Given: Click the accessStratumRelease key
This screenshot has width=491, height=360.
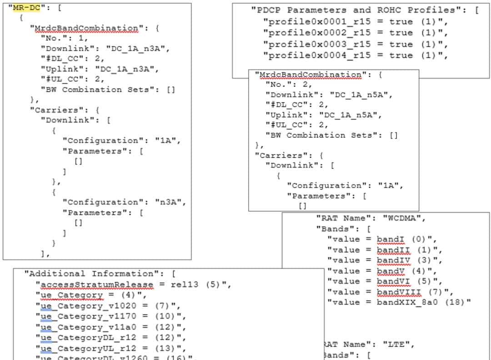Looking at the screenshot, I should [x=97, y=285].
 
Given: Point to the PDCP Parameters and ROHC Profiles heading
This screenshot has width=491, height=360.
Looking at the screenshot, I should [x=357, y=10].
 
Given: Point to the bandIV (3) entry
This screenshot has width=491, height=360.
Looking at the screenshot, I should [x=396, y=260].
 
